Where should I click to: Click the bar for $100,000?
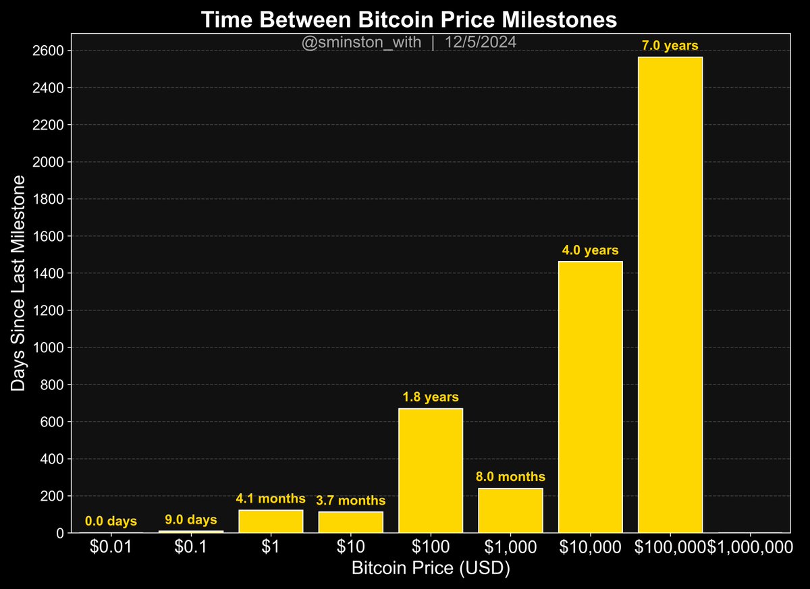(670, 295)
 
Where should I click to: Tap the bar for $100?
(431, 470)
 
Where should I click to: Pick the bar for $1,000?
(510, 510)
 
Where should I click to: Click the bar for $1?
(271, 521)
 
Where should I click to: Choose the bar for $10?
(351, 522)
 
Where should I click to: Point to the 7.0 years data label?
(670, 46)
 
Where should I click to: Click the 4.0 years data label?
(591, 250)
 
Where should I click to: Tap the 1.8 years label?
(431, 397)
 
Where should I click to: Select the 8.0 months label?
(510, 477)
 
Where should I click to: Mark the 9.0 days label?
(191, 520)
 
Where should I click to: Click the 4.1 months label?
(271, 499)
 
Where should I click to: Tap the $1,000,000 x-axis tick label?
(750, 548)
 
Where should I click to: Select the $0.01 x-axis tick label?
(111, 548)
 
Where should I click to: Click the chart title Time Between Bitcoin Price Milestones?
(409, 20)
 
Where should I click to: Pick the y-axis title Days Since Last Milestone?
(19, 283)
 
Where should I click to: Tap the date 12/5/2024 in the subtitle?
(481, 42)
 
